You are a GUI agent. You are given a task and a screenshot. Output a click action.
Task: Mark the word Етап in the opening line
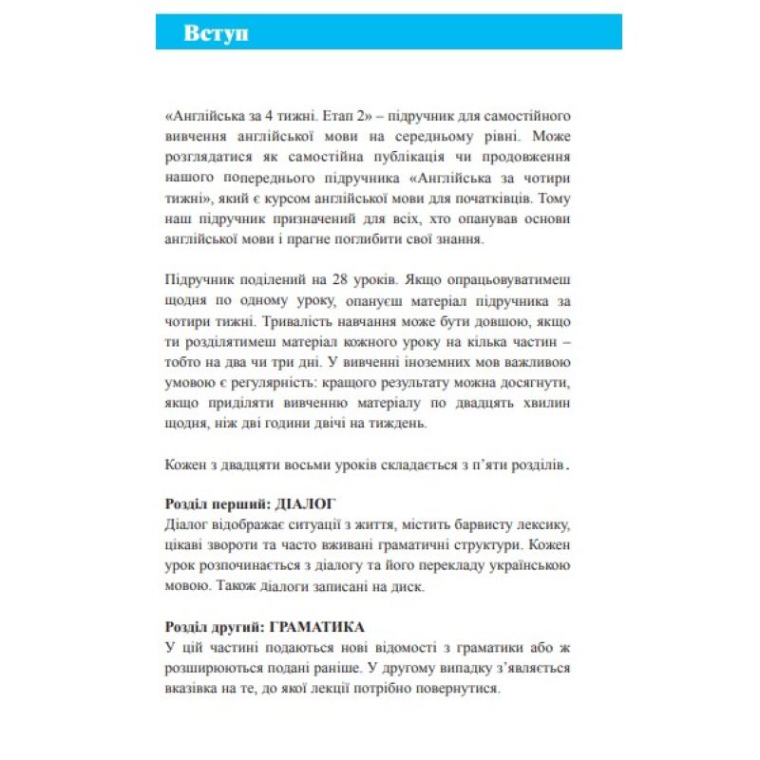(x=323, y=115)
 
